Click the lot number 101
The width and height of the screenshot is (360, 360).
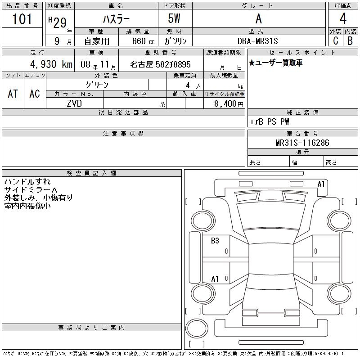[22, 19]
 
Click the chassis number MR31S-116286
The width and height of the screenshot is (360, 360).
[302, 143]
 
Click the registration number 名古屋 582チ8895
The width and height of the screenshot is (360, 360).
[160, 65]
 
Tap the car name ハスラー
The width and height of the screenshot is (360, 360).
[116, 19]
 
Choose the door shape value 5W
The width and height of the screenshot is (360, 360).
[175, 19]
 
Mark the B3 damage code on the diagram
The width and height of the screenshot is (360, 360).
[215, 241]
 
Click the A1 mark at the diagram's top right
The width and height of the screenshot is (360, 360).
[321, 184]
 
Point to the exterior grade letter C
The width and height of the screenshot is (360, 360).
[335, 40]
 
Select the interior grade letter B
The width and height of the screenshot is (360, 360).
[350, 40]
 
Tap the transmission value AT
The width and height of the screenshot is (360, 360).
[13, 94]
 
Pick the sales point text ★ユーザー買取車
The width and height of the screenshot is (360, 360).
[275, 63]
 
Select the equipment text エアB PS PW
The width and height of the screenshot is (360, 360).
[270, 121]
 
